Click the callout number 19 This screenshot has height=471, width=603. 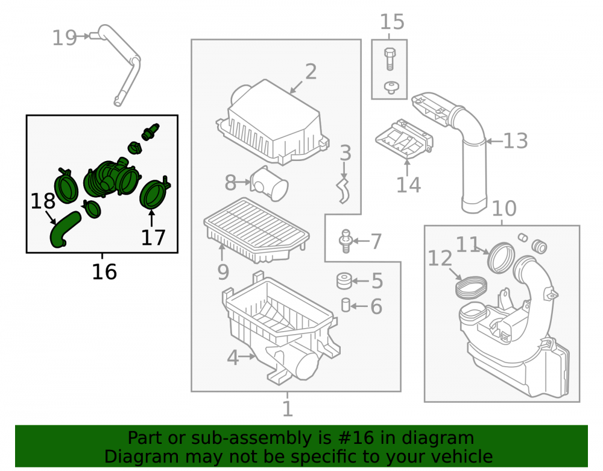[x=65, y=37]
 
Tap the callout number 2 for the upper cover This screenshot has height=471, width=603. [x=311, y=72]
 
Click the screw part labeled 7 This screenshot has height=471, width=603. [x=346, y=241]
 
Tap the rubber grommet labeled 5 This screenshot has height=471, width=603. [x=344, y=281]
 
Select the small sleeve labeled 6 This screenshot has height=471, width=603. [x=346, y=305]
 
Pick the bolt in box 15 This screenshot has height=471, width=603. [x=390, y=59]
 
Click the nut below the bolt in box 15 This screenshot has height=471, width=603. [x=391, y=87]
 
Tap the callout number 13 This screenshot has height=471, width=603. [x=516, y=141]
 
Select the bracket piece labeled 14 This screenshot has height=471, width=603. [x=405, y=139]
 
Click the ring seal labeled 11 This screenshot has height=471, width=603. [x=501, y=258]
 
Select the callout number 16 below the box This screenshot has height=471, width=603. [x=104, y=272]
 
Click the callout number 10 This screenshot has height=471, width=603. [x=504, y=209]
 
